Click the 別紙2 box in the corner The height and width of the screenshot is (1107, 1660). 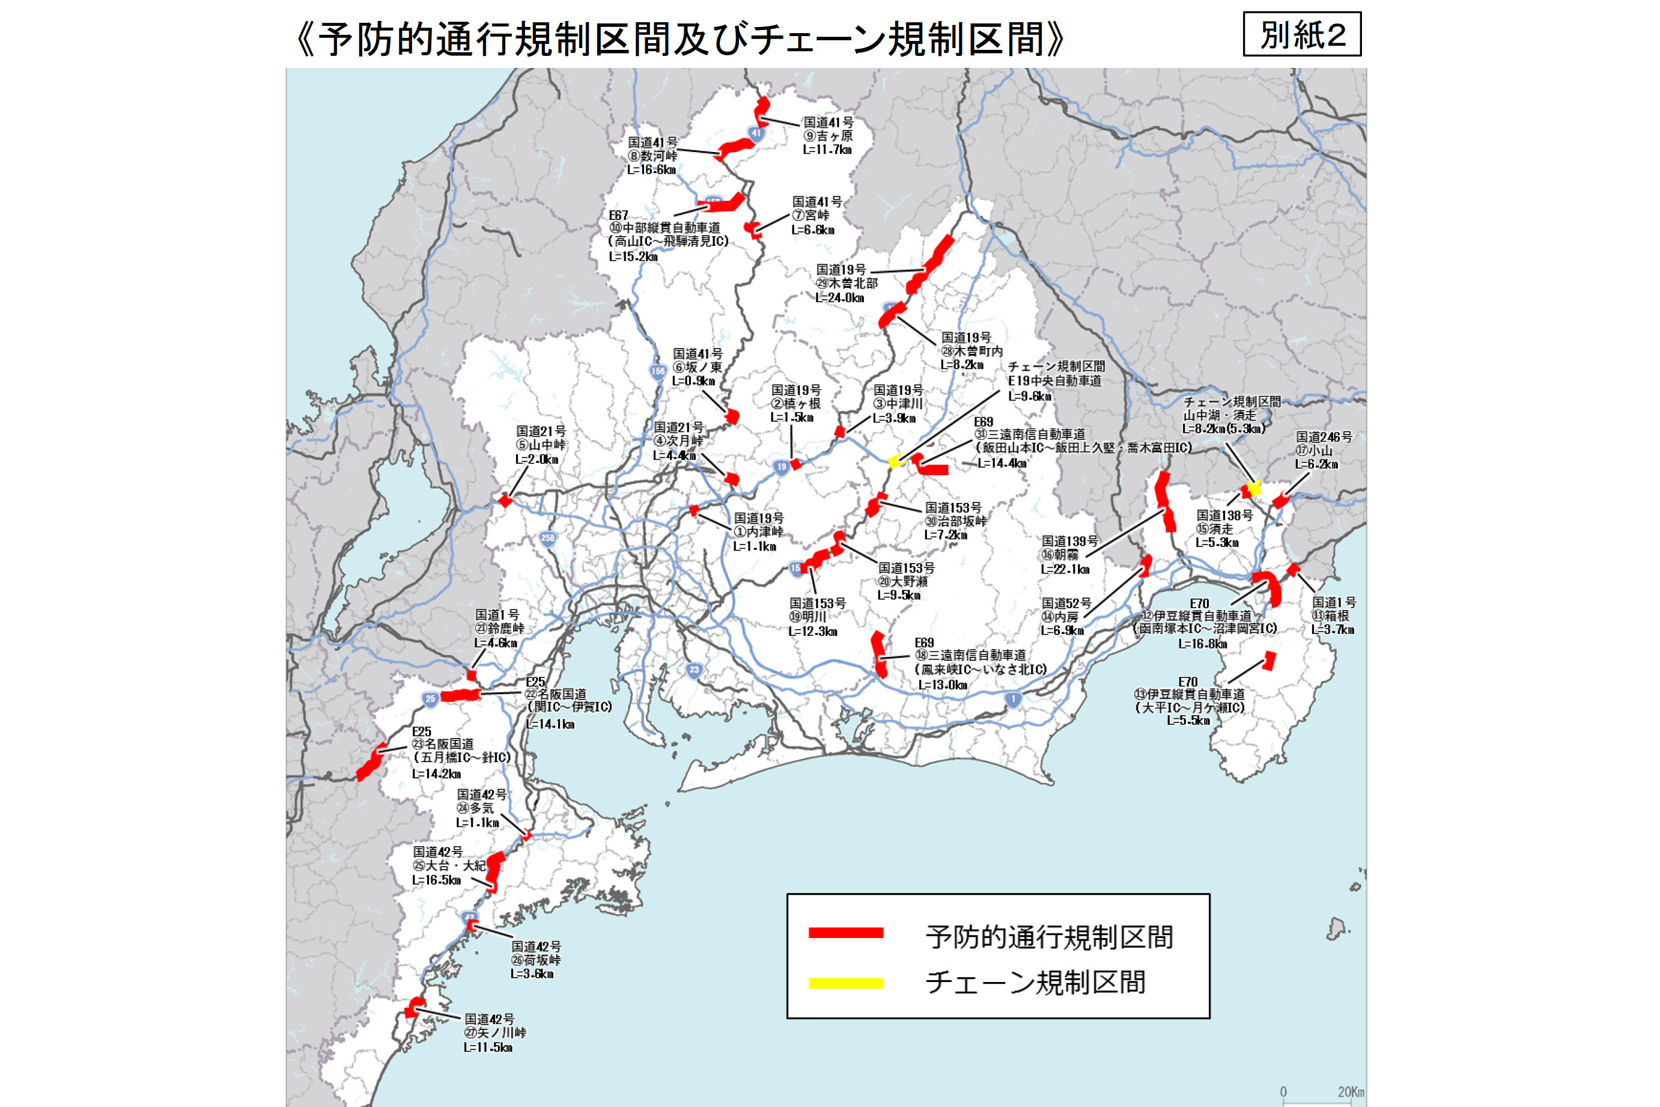[1301, 34]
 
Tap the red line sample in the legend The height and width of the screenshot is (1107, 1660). [845, 933]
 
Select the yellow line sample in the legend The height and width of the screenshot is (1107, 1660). [845, 983]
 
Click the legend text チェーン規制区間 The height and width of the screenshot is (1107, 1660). [1035, 983]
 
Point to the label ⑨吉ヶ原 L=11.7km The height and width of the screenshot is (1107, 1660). [827, 136]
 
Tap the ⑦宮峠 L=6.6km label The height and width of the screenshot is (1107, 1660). [816, 215]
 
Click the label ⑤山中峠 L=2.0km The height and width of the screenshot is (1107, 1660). [540, 445]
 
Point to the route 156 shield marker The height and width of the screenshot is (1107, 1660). [658, 371]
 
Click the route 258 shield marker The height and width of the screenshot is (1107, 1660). [548, 538]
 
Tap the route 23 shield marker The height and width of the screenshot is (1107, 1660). [695, 670]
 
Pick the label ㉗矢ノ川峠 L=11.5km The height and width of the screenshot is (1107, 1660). [494, 1033]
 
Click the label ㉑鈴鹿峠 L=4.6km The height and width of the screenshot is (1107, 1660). [498, 629]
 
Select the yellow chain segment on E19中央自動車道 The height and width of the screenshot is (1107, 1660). [895, 462]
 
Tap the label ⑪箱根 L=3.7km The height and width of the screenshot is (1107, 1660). [1333, 615]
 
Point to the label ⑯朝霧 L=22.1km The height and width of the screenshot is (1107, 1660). [1069, 555]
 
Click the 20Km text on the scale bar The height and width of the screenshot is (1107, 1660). [1350, 1091]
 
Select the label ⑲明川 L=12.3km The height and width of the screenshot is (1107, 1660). [816, 617]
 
